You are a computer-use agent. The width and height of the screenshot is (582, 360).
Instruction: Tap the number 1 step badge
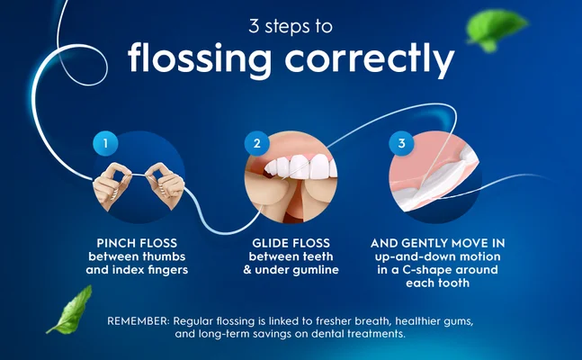(x=105, y=143)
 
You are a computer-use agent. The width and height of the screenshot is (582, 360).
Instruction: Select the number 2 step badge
(x=257, y=143)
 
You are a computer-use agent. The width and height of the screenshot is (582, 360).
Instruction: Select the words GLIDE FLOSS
(x=290, y=243)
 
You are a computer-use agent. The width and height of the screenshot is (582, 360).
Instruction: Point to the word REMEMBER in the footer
(x=142, y=321)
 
